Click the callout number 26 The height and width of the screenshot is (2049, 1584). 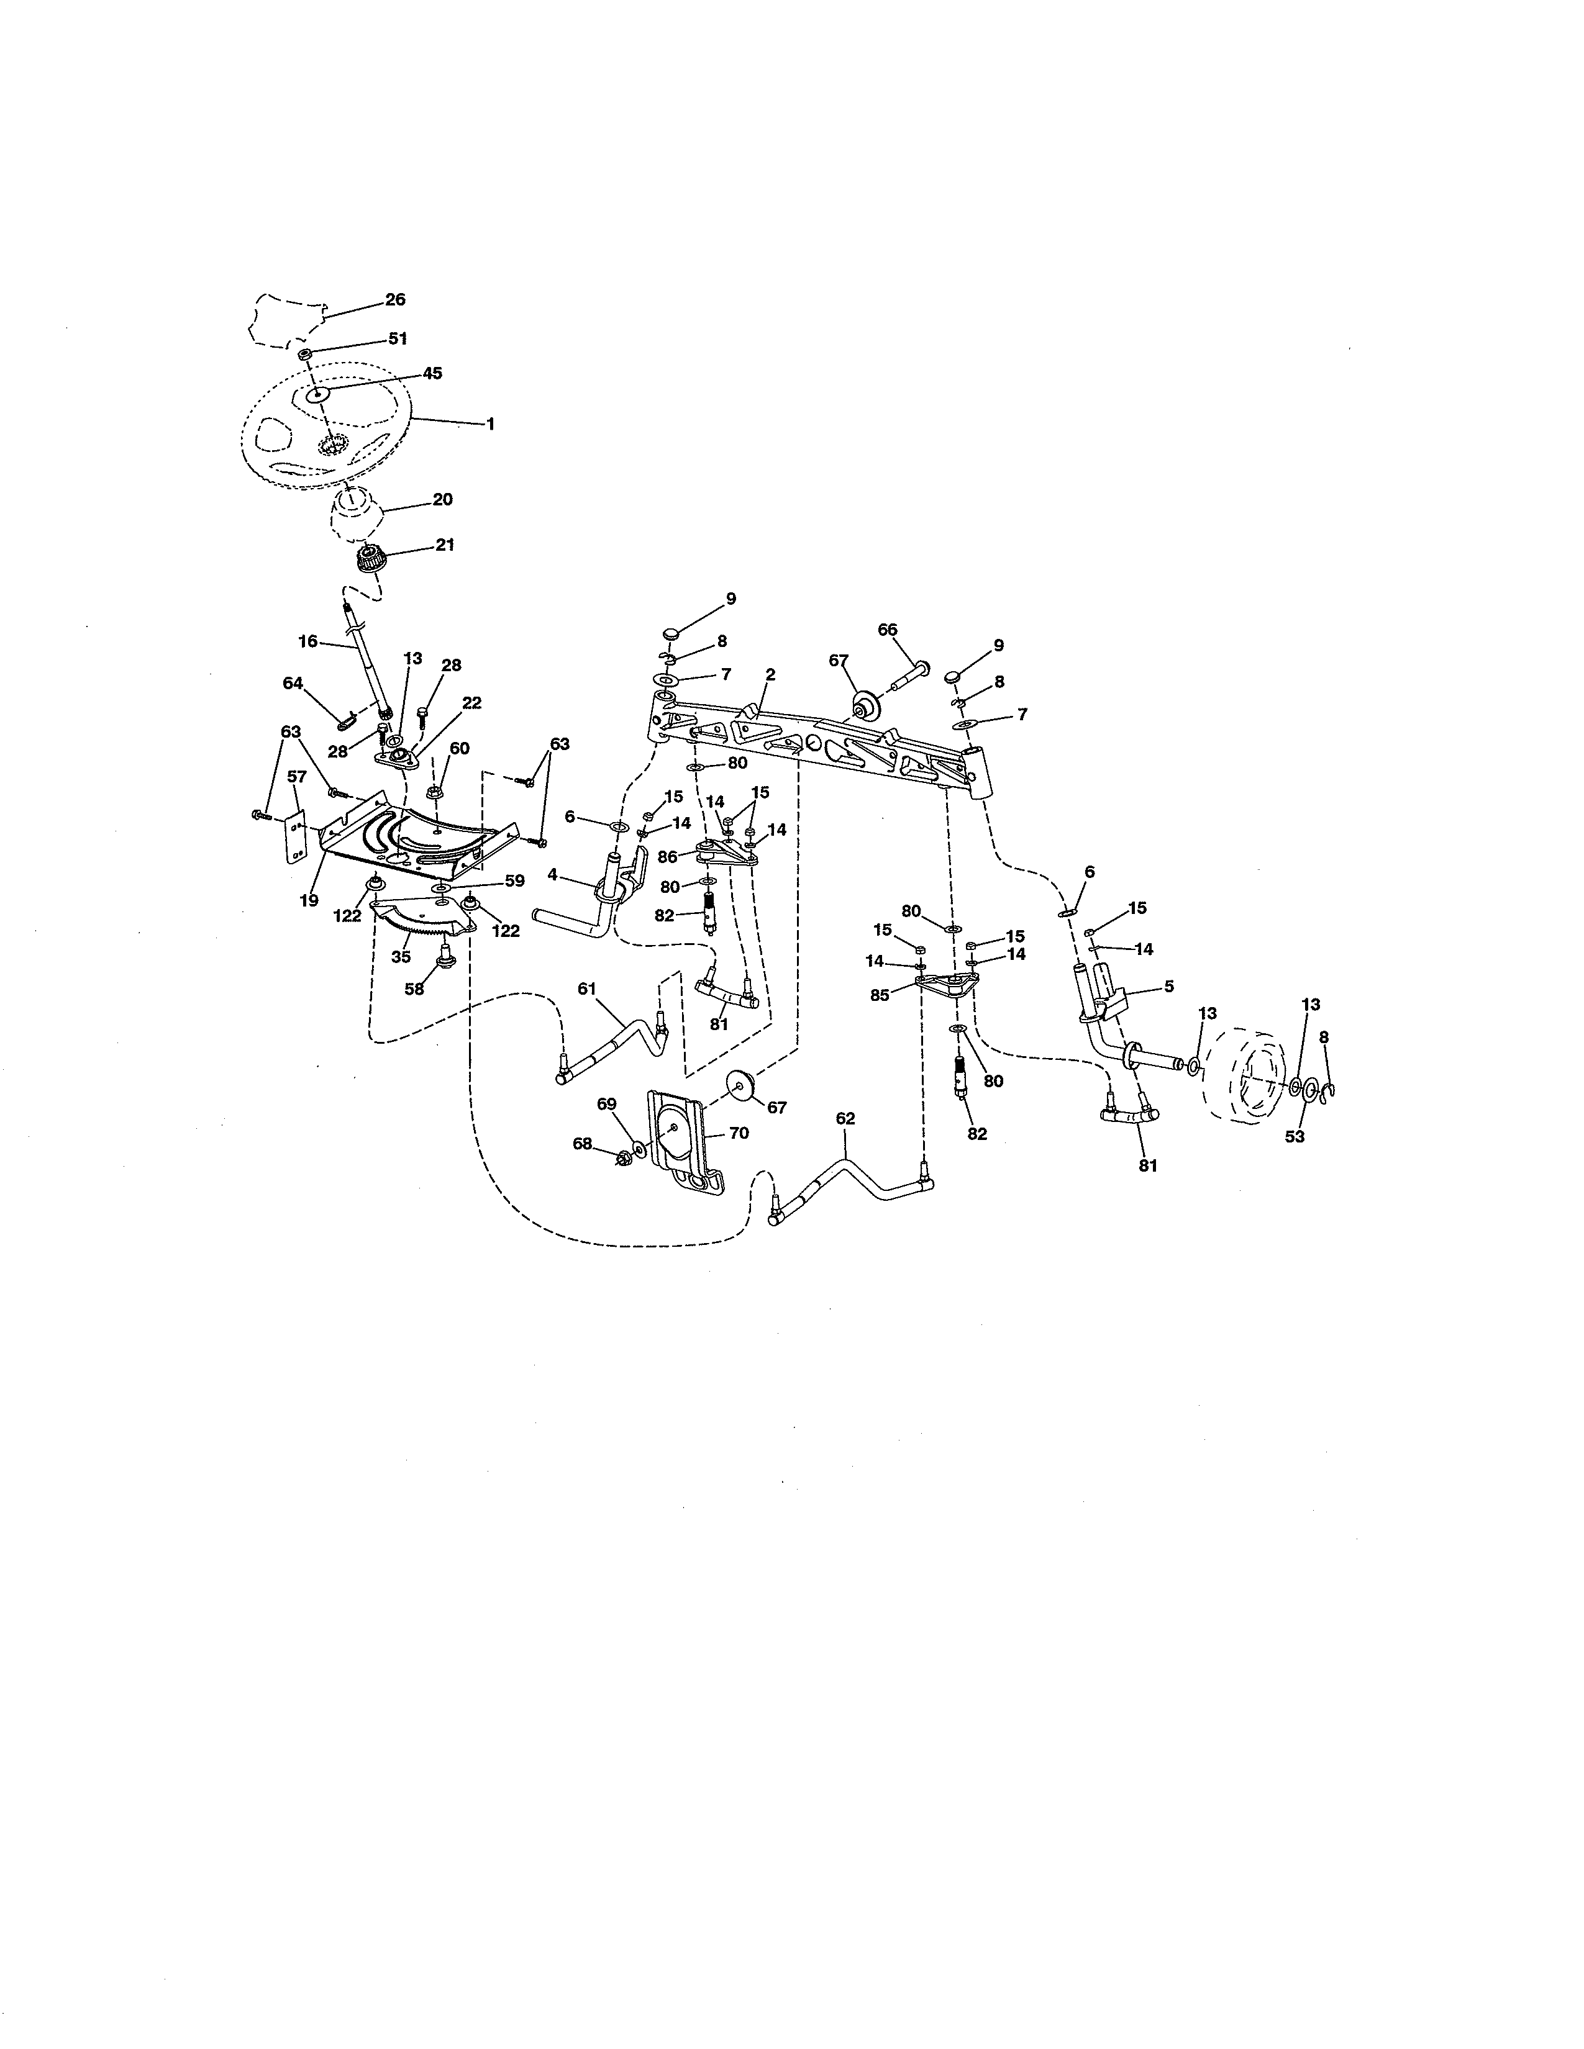coord(395,301)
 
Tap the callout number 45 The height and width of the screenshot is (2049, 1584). coord(432,373)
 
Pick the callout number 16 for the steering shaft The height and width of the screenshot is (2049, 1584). coord(307,642)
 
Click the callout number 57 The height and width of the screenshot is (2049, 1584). coord(296,777)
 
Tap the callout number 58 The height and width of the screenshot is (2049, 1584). coord(414,989)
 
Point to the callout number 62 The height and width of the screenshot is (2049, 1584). coord(845,1118)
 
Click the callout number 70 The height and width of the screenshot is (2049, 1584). coord(739,1133)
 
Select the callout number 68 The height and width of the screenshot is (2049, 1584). coord(583,1144)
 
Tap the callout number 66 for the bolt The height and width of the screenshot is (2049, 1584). coord(888,630)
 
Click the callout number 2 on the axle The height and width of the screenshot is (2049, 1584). coord(770,674)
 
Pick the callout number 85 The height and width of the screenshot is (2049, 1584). coord(879,995)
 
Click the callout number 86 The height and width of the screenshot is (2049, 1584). coord(667,857)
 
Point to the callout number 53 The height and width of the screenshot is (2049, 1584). coord(1295,1137)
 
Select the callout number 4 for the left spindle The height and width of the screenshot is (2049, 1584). coord(553,874)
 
